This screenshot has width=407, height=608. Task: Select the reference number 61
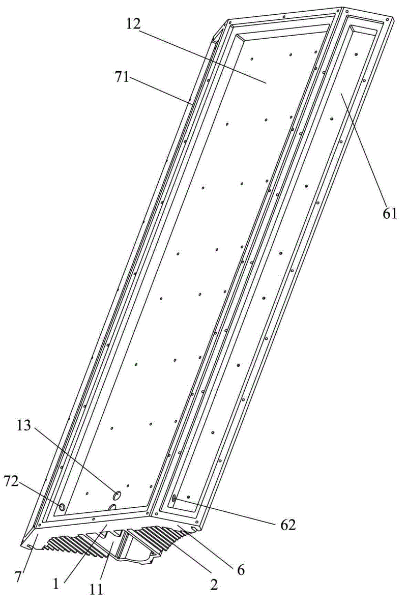coord(390,213)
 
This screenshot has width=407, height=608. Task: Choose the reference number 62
coord(287,526)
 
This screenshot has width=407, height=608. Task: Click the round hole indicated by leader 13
coord(117,495)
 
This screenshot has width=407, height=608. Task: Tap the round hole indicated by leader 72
coord(62,507)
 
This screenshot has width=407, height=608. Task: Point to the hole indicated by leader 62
coord(173,498)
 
